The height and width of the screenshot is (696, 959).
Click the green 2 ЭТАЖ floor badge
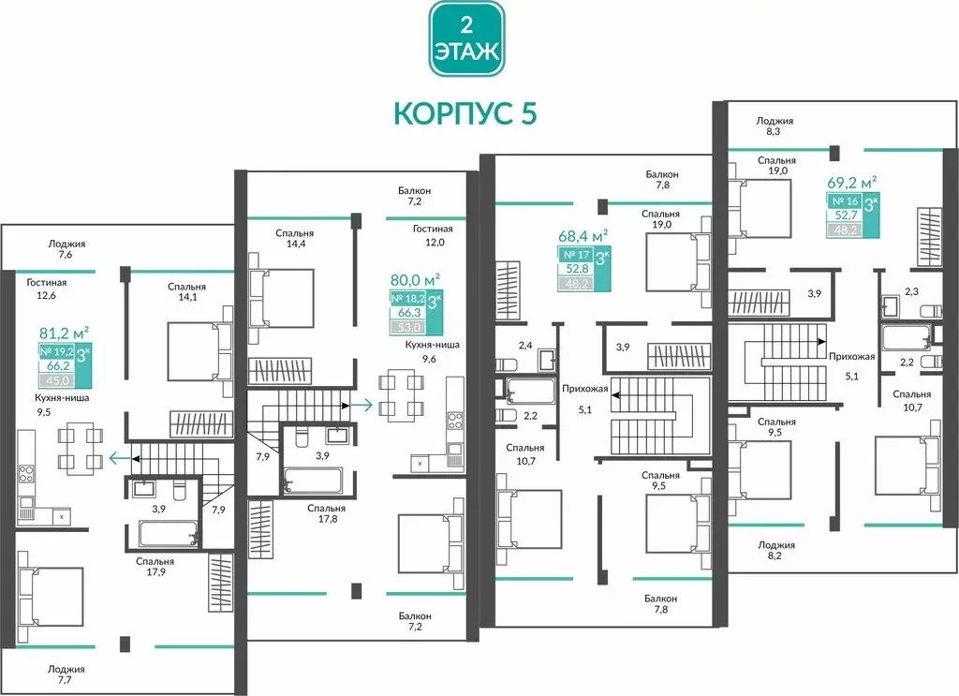(465, 38)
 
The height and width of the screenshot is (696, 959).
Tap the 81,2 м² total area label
(64, 331)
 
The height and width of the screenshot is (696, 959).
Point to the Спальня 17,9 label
(155, 568)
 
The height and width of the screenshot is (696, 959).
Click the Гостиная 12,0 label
(433, 235)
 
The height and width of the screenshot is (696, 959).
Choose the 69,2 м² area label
(851, 182)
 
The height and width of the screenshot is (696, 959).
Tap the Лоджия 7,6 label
(66, 248)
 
